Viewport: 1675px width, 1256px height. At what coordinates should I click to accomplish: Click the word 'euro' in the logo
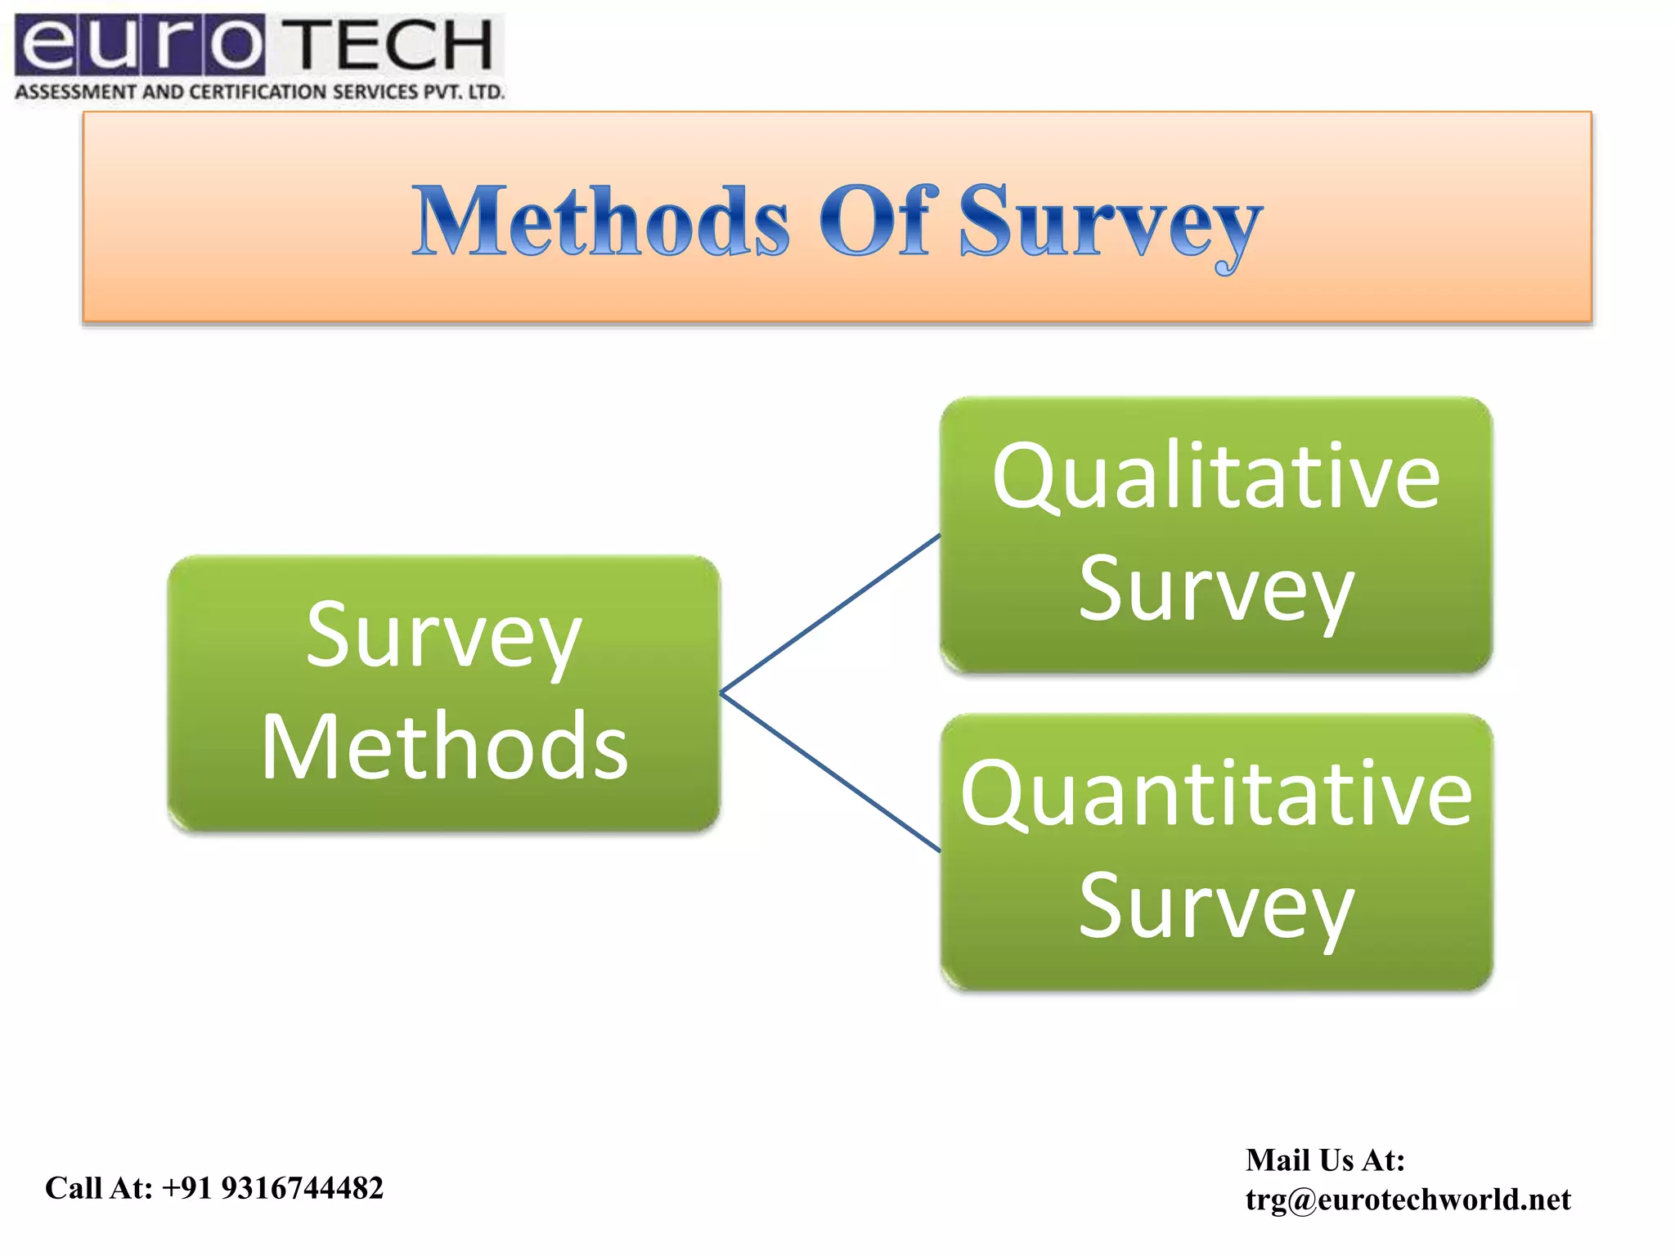pyautogui.click(x=139, y=45)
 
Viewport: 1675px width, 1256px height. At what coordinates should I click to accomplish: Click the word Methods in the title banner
pyautogui.click(x=601, y=221)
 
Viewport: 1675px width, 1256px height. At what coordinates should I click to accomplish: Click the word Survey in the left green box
pyautogui.click(x=443, y=637)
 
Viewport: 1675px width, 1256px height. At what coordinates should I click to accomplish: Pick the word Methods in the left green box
pyautogui.click(x=444, y=747)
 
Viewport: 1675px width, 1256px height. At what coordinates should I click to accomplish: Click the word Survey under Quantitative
pyautogui.click(x=1215, y=907)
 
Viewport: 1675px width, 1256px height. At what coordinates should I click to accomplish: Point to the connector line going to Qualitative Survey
pyautogui.click(x=830, y=614)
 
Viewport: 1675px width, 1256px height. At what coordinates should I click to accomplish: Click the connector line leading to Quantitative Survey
pyautogui.click(x=830, y=772)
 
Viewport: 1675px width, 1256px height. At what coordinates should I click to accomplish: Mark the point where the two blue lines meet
pyautogui.click(x=721, y=693)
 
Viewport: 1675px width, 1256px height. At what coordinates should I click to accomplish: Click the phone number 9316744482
pyautogui.click(x=302, y=1188)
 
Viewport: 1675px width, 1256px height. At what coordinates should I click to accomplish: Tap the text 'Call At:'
pyautogui.click(x=99, y=1188)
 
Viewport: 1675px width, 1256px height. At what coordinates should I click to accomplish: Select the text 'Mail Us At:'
pyautogui.click(x=1325, y=1160)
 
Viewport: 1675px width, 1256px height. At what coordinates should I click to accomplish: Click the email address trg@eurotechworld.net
pyautogui.click(x=1408, y=1200)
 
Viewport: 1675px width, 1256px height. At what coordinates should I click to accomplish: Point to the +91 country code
pyautogui.click(x=188, y=1188)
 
